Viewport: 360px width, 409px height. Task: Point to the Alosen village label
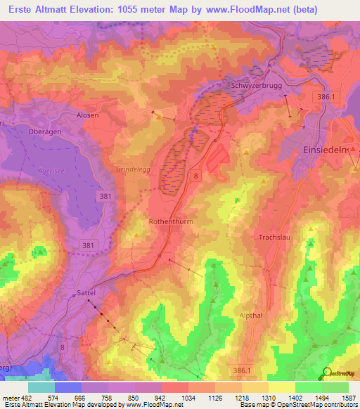[87, 115]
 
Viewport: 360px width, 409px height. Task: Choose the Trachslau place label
[275, 238]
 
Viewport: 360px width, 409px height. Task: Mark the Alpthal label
[251, 316]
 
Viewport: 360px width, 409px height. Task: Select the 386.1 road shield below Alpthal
[243, 369]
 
